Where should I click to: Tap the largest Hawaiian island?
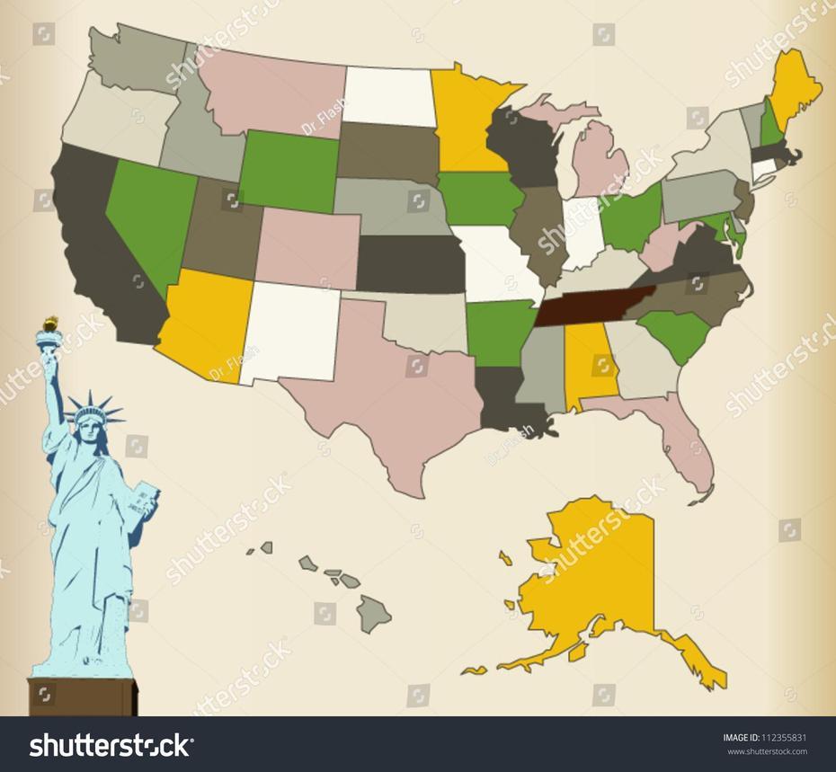(x=373, y=613)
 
